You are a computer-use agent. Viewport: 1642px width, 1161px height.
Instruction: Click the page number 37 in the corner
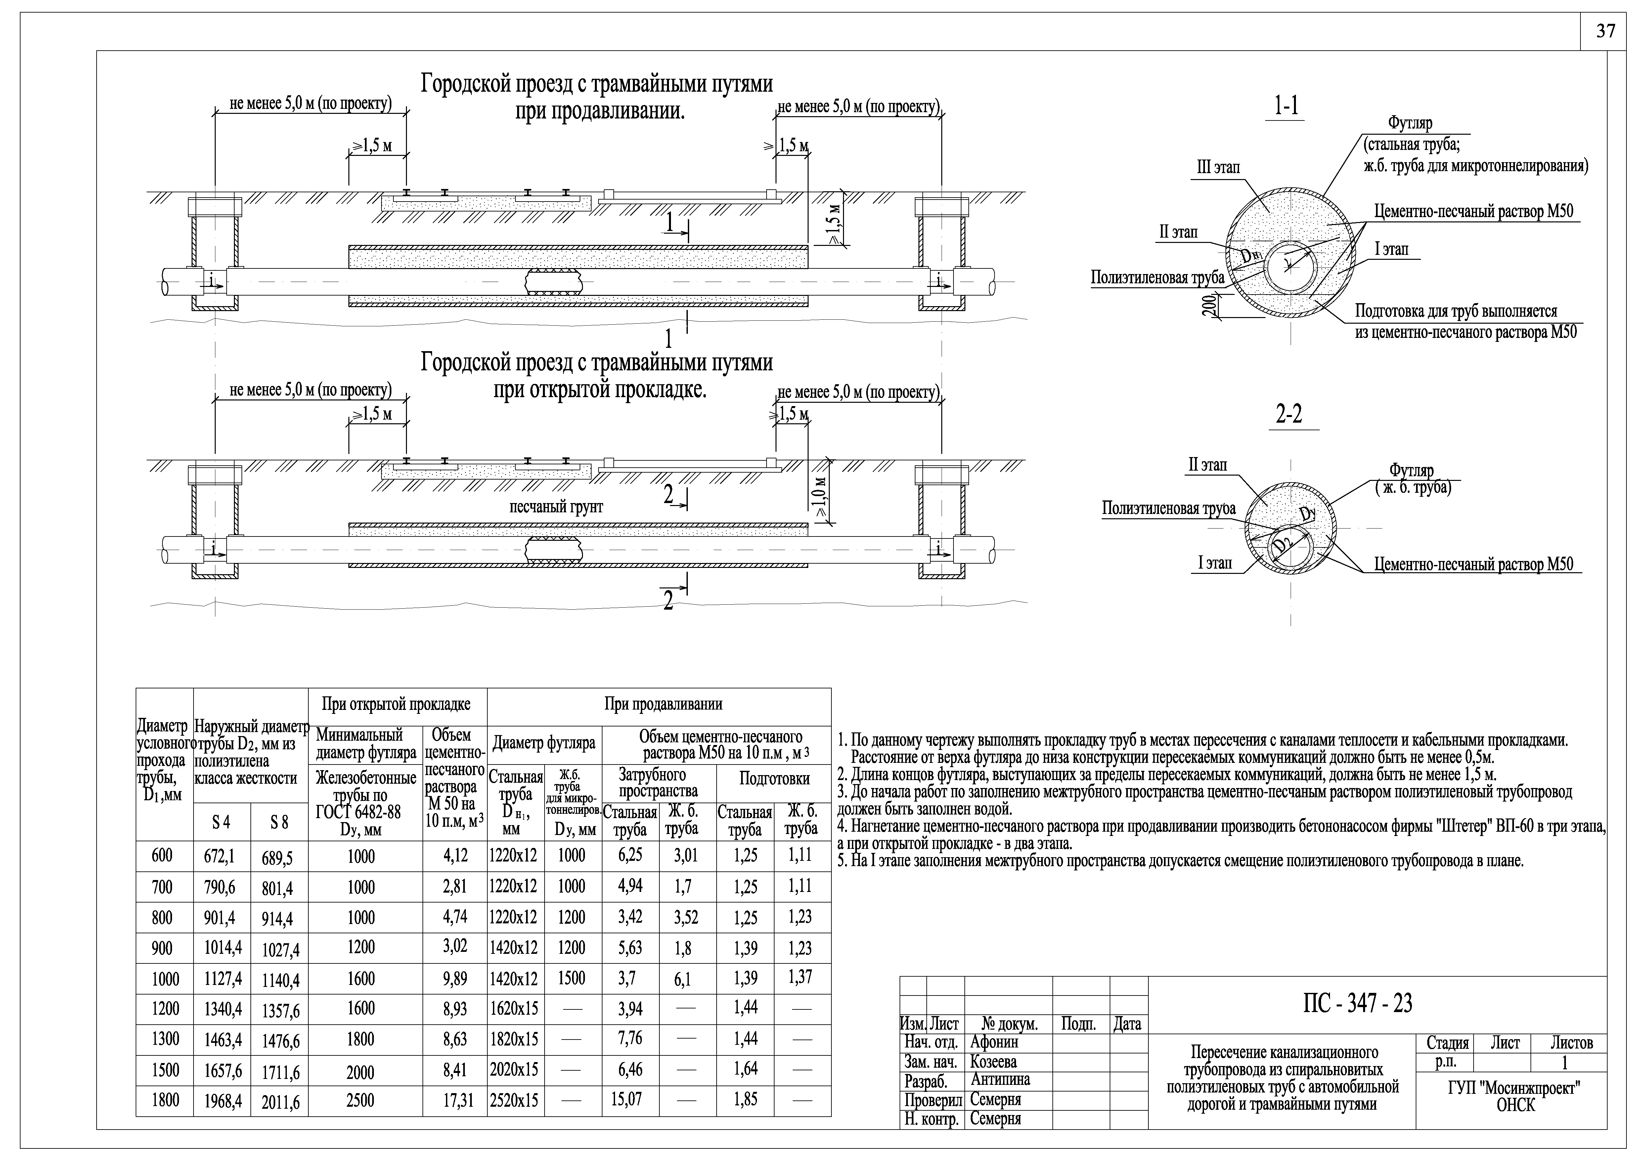coord(1606,31)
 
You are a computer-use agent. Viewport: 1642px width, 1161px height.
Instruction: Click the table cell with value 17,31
coord(459,1100)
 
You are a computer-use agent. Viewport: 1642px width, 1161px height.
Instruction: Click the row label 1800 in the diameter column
coord(165,1100)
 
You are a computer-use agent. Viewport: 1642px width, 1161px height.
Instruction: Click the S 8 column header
coord(279,823)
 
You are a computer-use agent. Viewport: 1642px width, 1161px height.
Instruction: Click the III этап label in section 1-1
coord(1219,167)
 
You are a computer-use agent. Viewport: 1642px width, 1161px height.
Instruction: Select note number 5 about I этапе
coord(1180,860)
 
